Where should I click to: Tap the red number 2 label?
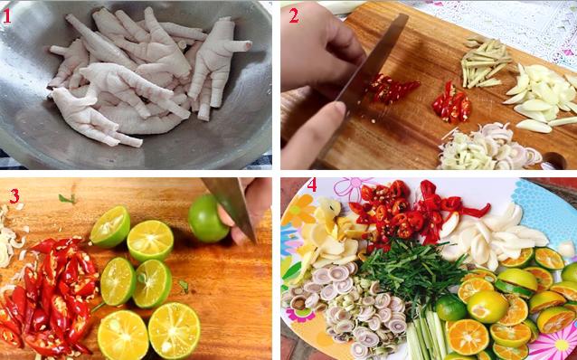294,14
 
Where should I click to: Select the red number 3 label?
14,195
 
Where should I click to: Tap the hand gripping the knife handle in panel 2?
312,54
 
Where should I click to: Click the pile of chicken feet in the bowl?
145,77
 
